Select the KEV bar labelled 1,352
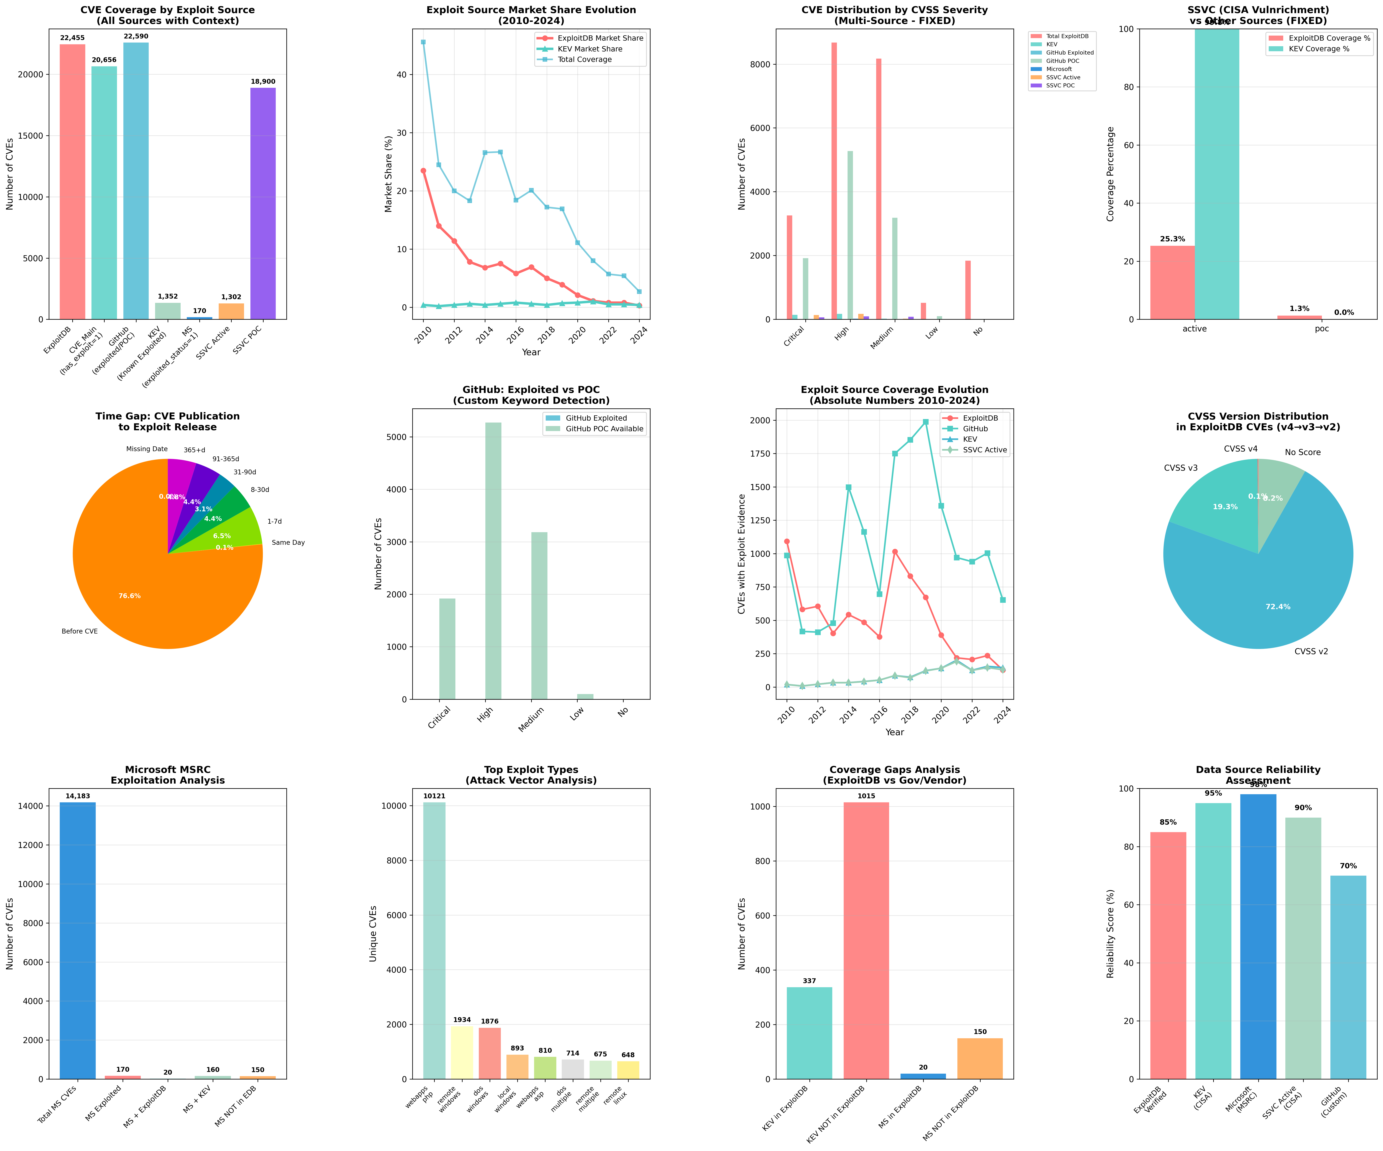(x=167, y=311)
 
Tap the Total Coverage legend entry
(x=585, y=59)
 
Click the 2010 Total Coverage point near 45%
(x=423, y=42)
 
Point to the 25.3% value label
(x=1172, y=239)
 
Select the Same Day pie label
(x=288, y=543)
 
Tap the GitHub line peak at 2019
(x=925, y=422)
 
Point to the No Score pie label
(x=1302, y=452)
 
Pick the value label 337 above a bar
(x=809, y=981)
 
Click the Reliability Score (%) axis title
(x=1110, y=934)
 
